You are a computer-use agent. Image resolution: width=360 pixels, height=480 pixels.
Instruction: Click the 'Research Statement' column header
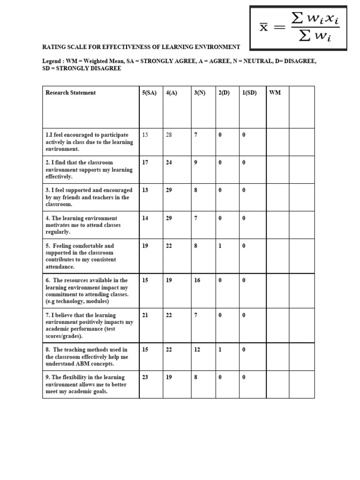pyautogui.click(x=70, y=93)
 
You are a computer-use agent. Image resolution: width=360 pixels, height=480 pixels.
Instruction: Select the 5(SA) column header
pyautogui.click(x=149, y=93)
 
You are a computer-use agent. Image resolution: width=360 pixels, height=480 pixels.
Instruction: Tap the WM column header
pyautogui.click(x=275, y=93)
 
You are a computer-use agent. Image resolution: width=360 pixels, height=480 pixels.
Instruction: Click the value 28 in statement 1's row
pyautogui.click(x=169, y=135)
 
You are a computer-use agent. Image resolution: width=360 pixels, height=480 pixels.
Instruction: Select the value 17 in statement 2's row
pyautogui.click(x=145, y=163)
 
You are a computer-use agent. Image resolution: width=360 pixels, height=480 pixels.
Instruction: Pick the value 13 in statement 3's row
pyautogui.click(x=145, y=190)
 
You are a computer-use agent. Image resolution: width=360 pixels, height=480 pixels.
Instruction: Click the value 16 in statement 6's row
pyautogui.click(x=197, y=280)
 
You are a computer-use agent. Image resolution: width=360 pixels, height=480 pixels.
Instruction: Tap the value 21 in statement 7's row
pyautogui.click(x=145, y=315)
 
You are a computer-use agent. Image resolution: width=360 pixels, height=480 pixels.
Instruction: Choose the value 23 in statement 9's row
pyautogui.click(x=145, y=377)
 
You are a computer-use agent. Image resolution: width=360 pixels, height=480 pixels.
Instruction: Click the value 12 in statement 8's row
pyautogui.click(x=197, y=350)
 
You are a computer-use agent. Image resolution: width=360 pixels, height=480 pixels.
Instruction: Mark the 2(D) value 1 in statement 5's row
pyautogui.click(x=219, y=246)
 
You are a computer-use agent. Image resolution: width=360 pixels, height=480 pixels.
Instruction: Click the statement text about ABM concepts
pyautogui.click(x=86, y=357)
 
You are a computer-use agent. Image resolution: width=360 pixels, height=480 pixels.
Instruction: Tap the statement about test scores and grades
pyautogui.click(x=89, y=325)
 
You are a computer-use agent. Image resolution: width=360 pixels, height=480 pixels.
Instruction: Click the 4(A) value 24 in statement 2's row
pyautogui.click(x=169, y=163)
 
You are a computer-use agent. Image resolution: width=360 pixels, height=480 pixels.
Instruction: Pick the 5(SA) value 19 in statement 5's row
pyautogui.click(x=145, y=246)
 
